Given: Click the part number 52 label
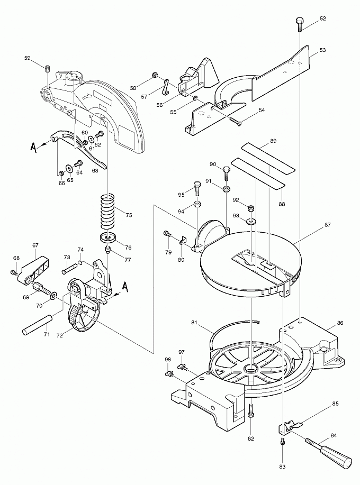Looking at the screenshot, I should [323, 19].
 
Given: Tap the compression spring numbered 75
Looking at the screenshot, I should [108, 212].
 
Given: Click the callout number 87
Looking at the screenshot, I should [327, 225].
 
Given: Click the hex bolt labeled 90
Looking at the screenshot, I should [227, 172].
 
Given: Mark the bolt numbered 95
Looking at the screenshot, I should [197, 187].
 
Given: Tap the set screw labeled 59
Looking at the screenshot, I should [47, 68].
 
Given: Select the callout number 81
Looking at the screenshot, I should [194, 322].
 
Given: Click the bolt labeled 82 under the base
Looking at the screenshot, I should [251, 410].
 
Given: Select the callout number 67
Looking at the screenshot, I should [35, 245].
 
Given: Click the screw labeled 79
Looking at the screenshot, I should [166, 233].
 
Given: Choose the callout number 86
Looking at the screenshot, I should [340, 323].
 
